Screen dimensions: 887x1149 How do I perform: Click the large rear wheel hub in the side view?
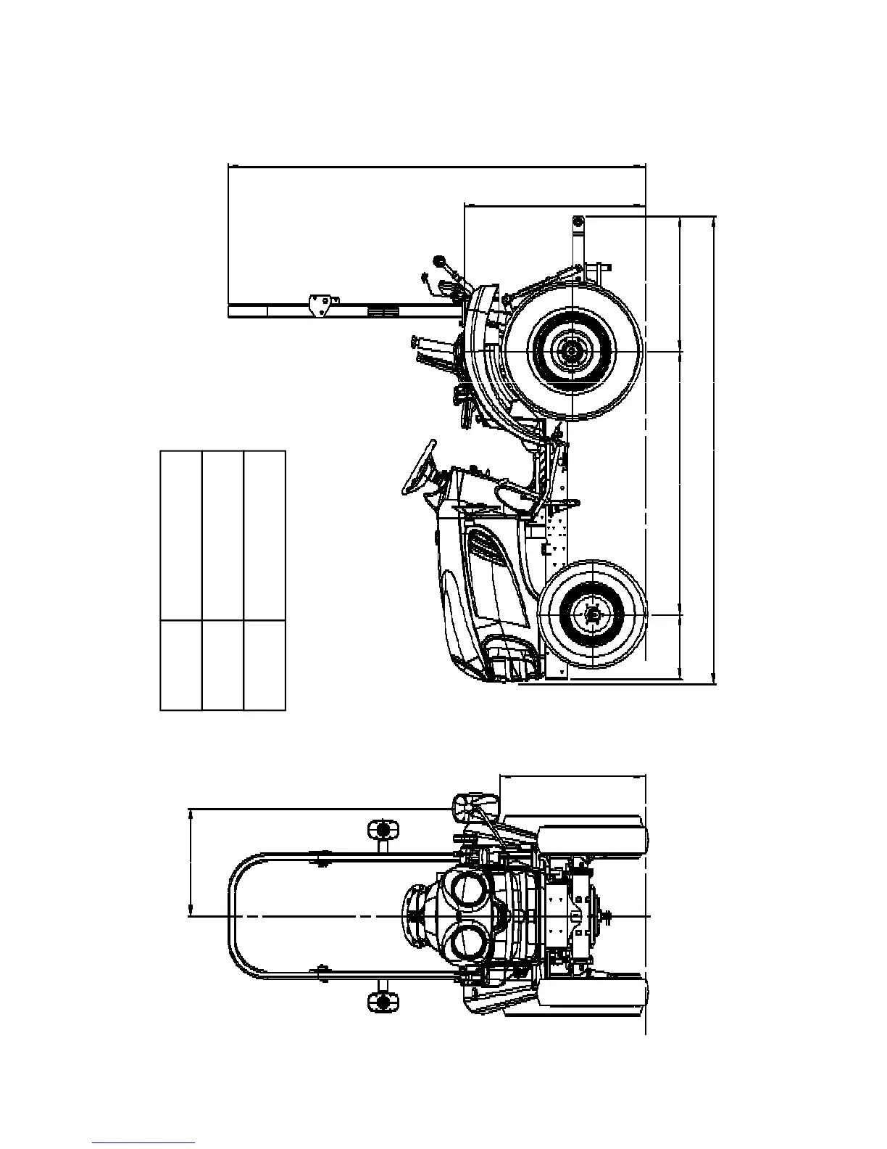tap(572, 351)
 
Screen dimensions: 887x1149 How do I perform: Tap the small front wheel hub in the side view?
tap(594, 615)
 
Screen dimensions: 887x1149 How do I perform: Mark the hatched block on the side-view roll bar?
tap(383, 310)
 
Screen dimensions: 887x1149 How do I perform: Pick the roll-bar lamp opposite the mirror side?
tap(382, 1001)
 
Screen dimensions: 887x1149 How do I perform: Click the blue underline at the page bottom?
tap(143, 1142)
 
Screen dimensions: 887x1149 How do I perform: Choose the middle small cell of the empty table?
tap(222, 664)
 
